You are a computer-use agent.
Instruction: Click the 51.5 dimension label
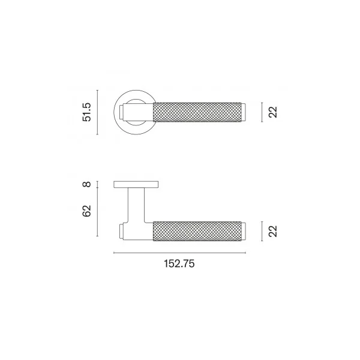[x=87, y=112]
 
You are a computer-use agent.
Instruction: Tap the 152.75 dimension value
[x=179, y=263]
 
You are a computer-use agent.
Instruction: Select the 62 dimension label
[x=87, y=211]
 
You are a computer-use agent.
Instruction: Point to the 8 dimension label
[x=87, y=184]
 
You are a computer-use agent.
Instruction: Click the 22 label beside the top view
[x=273, y=112]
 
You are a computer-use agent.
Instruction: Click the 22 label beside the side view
[x=273, y=231]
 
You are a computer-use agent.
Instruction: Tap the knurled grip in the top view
[x=197, y=112]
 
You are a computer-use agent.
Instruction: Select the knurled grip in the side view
[x=197, y=231]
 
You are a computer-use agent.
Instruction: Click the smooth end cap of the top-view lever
[x=244, y=112]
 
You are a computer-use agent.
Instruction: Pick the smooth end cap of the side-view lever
[x=244, y=231]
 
